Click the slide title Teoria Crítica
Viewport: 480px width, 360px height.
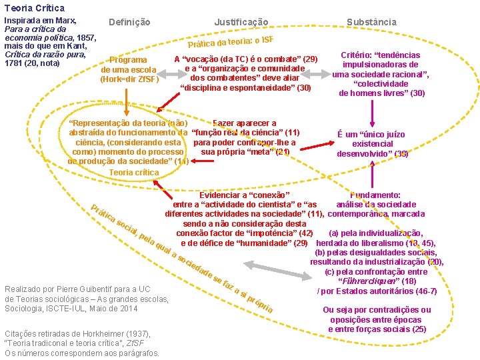click(34, 8)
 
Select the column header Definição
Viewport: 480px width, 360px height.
click(129, 22)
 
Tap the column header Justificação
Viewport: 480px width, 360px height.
click(241, 22)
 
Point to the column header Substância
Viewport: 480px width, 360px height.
click(371, 22)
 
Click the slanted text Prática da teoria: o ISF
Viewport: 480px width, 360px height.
click(231, 39)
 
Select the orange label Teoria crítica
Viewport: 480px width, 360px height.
click(134, 172)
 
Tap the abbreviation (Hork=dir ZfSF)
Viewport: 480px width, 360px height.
click(129, 79)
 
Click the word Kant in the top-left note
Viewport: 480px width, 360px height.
click(78, 46)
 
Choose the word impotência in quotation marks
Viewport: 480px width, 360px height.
click(271, 233)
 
